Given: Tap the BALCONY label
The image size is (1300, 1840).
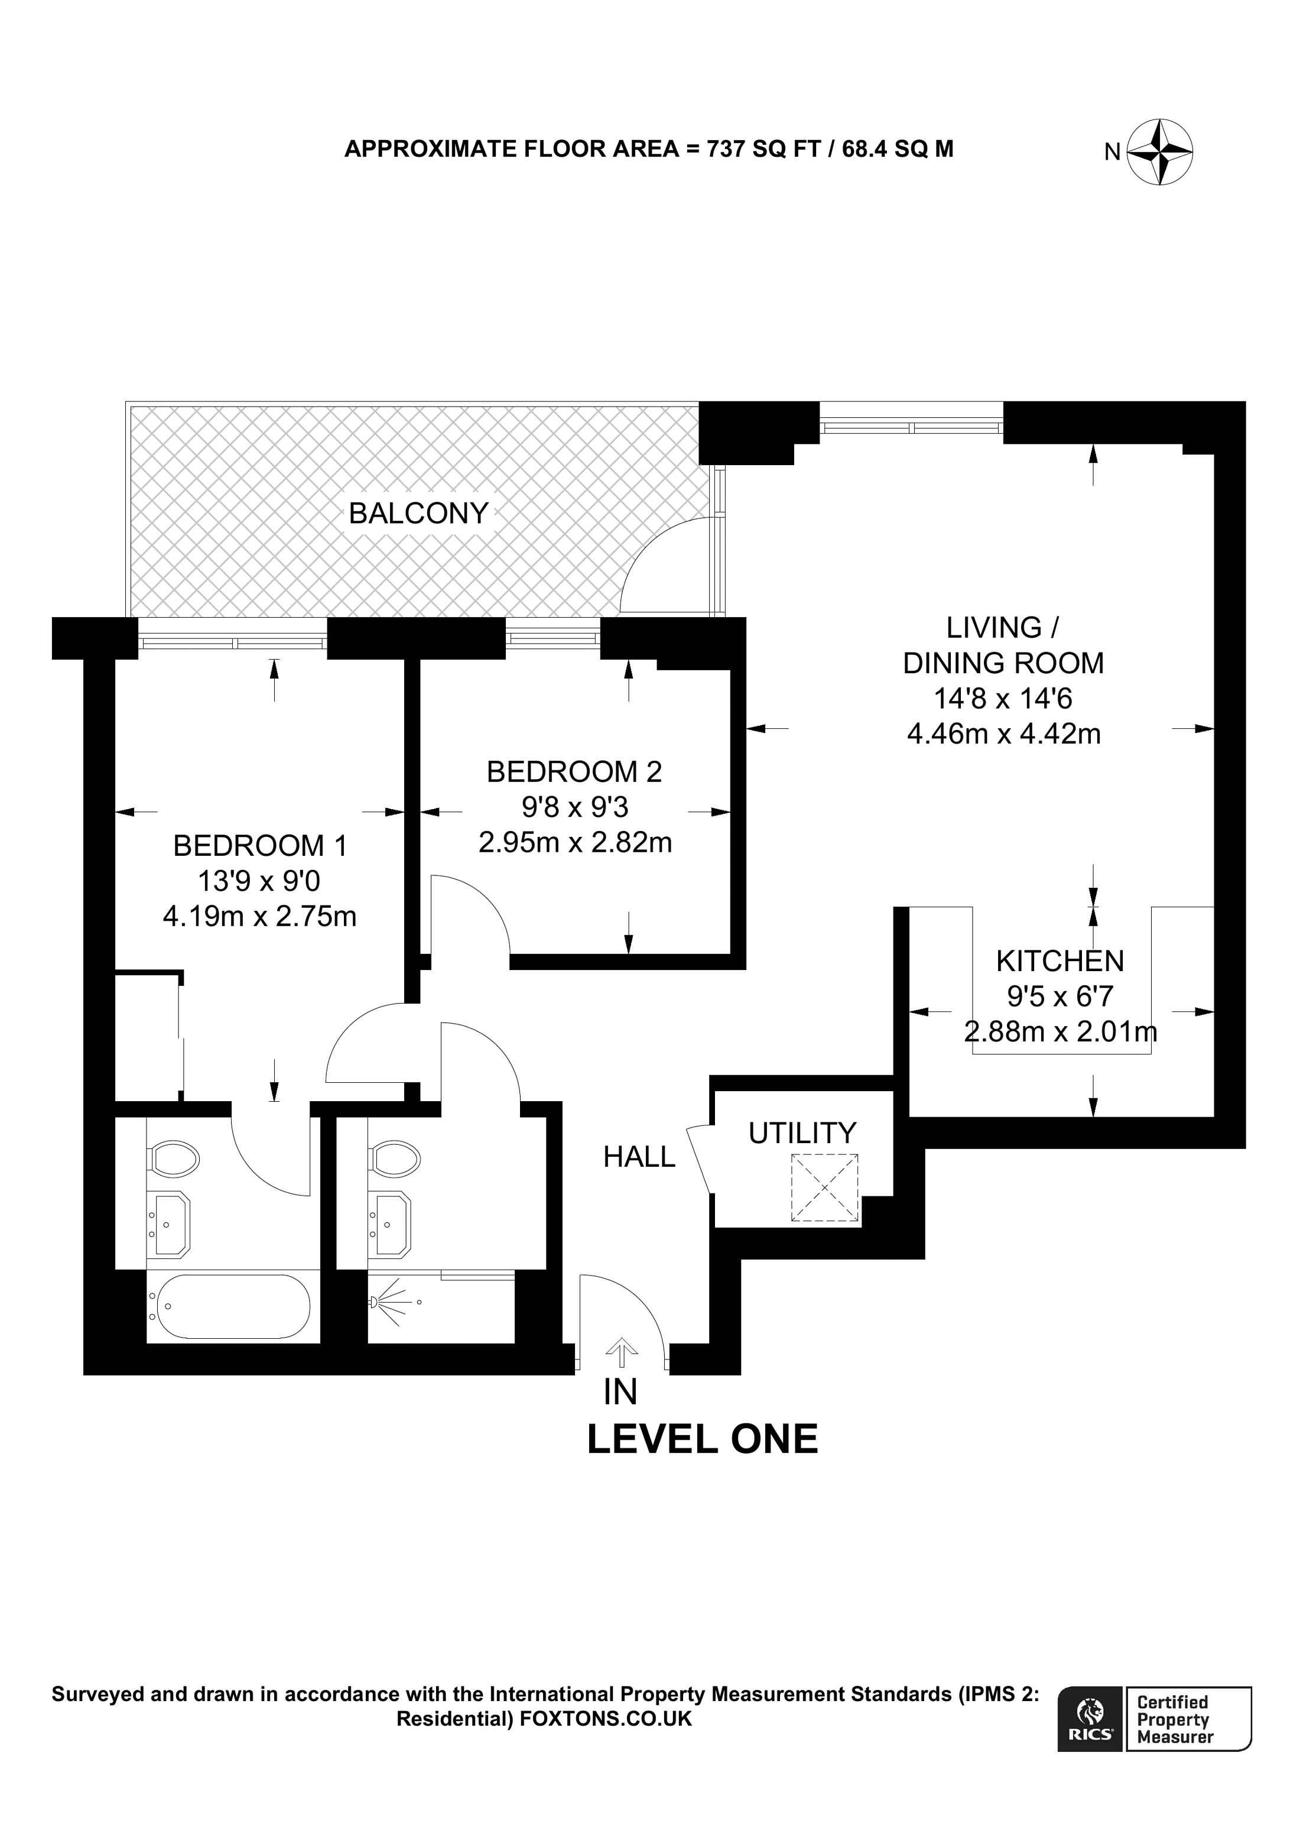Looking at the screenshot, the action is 418,513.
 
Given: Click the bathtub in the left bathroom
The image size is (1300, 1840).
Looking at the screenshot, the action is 233,1306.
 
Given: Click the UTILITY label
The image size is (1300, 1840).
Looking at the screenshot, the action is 802,1133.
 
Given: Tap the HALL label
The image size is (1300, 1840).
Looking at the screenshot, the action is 639,1156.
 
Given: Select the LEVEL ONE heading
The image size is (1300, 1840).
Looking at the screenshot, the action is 703,1439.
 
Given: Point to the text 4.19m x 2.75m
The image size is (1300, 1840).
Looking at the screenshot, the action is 259,915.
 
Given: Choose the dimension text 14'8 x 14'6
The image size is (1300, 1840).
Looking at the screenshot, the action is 1003,699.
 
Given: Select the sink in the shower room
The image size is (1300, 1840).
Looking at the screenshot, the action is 390,1223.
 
